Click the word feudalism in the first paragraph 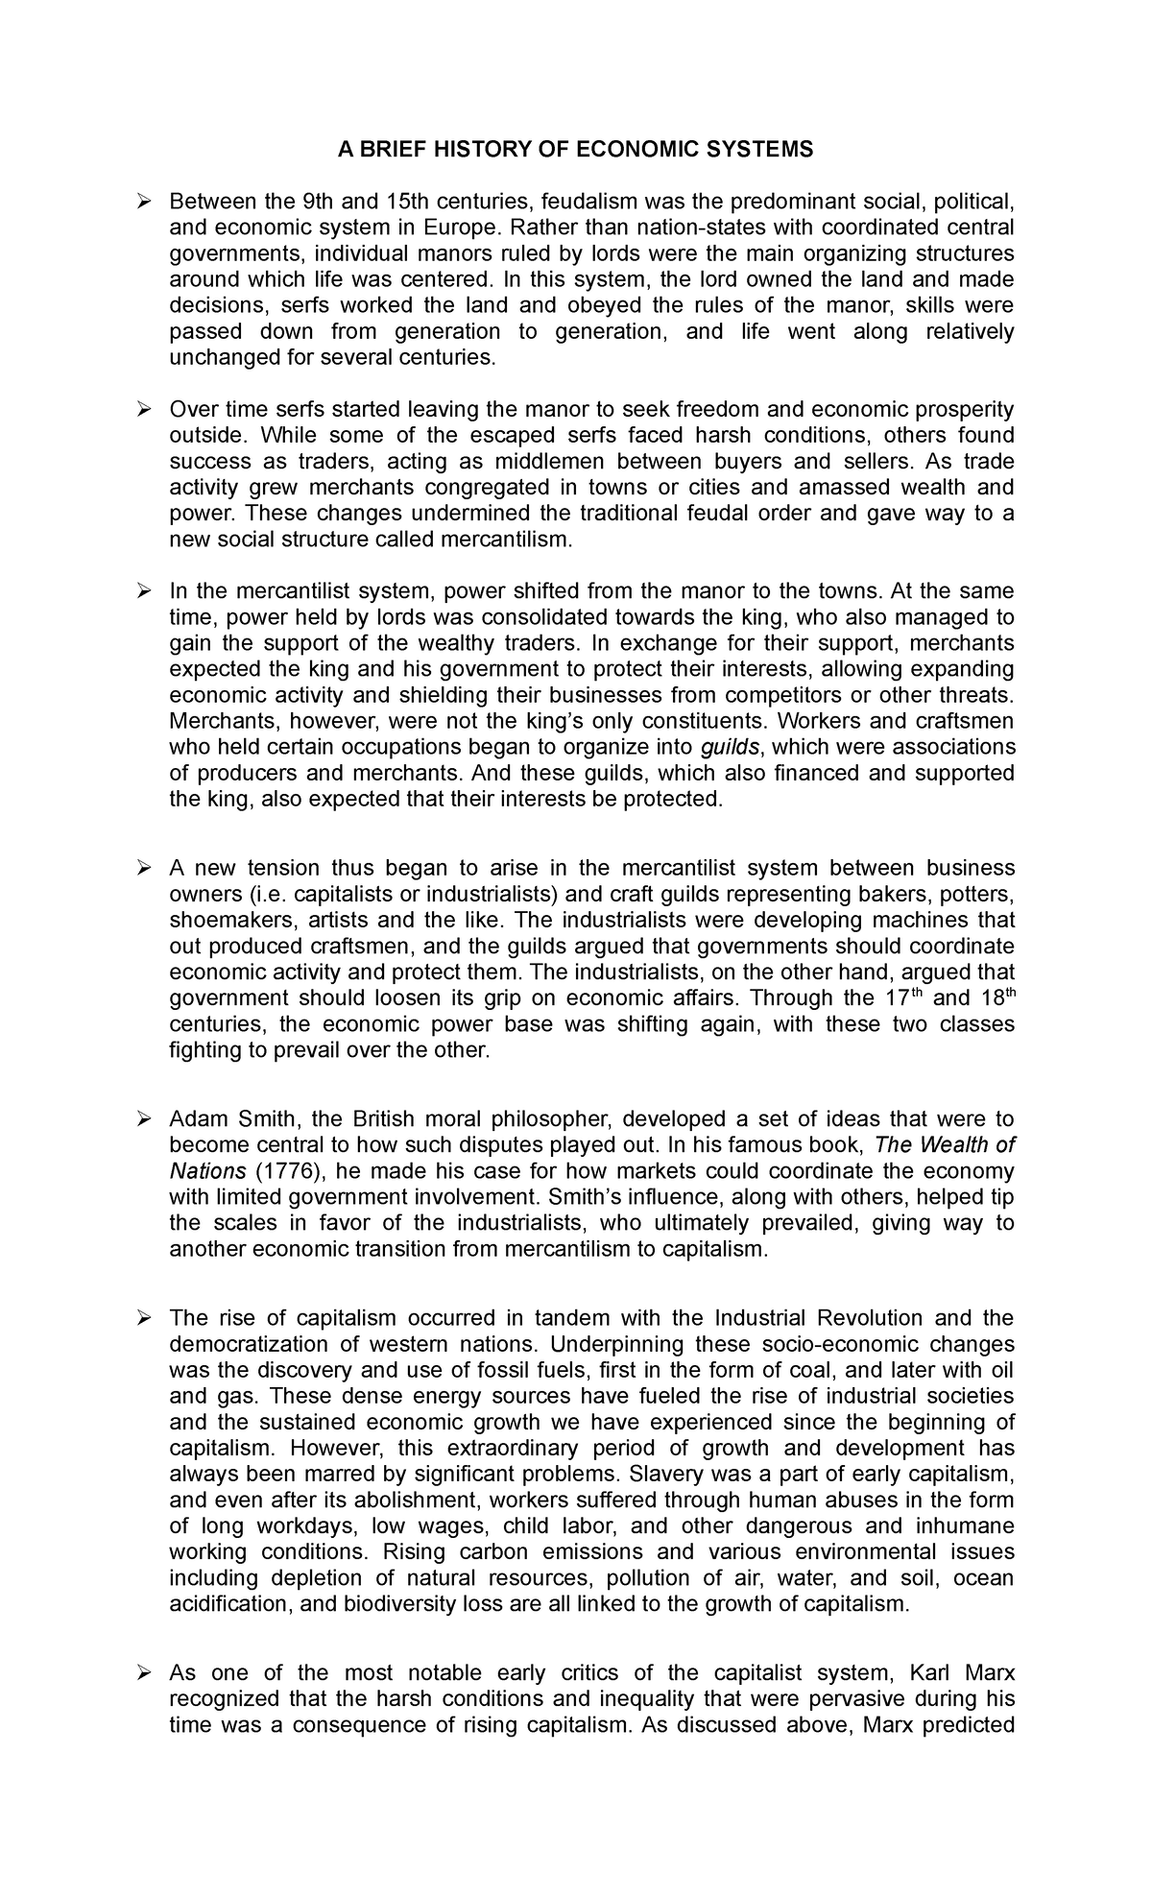point(588,202)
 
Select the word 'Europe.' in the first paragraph point(468,228)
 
